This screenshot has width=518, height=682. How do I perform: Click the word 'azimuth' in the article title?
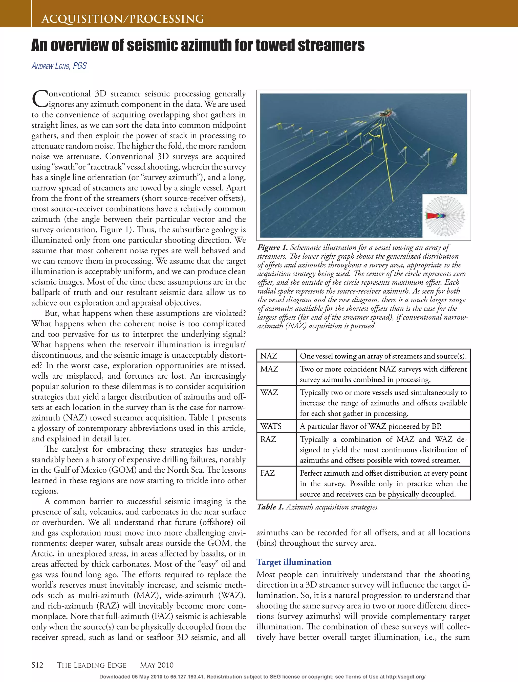pos(206,46)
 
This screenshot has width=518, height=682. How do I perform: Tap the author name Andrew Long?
pos(59,66)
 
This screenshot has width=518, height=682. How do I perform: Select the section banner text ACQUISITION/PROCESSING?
pos(123,19)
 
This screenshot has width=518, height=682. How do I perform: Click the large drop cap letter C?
pos(39,99)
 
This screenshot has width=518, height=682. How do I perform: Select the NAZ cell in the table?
pos(269,356)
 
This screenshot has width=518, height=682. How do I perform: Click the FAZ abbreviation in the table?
pos(267,473)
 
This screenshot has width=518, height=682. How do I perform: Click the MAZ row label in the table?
pos(269,369)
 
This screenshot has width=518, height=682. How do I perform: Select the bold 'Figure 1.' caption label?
pos(273,248)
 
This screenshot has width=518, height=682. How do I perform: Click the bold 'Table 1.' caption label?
pos(270,507)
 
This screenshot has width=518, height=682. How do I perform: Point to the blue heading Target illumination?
pos(294,562)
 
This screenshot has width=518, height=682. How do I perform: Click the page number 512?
pos(37,665)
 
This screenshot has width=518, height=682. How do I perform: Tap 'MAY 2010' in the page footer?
pos(157,665)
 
